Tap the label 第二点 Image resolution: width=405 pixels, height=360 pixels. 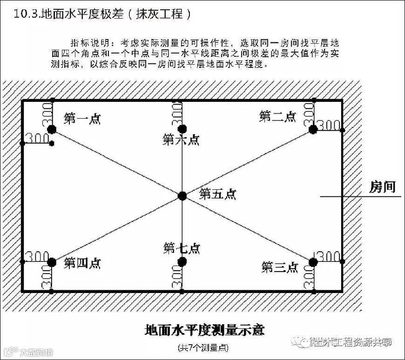click(x=277, y=116)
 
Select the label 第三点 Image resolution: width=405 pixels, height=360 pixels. click(x=279, y=267)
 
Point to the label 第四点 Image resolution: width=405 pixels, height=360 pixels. click(x=82, y=263)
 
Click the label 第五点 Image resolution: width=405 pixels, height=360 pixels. click(x=217, y=194)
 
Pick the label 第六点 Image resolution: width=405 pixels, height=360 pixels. click(x=181, y=140)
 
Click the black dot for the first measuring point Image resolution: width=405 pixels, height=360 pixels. click(x=51, y=129)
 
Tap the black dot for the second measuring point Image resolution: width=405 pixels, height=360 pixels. click(x=313, y=129)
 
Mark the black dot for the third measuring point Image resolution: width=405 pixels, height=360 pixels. click(x=313, y=262)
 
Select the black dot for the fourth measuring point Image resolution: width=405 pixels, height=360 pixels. click(x=51, y=262)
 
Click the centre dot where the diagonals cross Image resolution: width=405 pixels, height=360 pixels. click(x=182, y=196)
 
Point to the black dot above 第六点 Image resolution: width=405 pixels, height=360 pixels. click(x=182, y=128)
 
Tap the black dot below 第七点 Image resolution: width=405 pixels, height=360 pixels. click(x=182, y=261)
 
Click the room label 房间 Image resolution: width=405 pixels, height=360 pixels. click(x=382, y=187)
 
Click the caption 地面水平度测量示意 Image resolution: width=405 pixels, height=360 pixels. click(x=204, y=330)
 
